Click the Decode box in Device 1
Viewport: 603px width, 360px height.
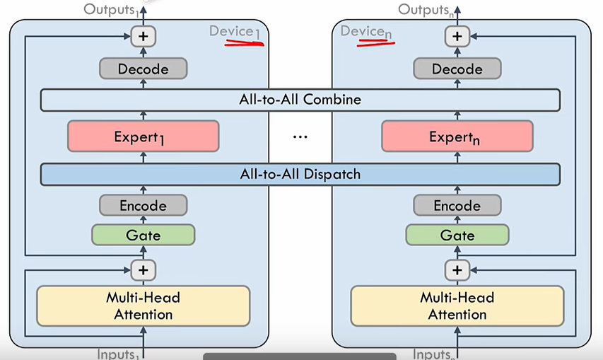[144, 69]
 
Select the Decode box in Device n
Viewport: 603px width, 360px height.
[457, 69]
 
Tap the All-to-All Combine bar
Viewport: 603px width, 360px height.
[300, 100]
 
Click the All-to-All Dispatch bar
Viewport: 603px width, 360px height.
[300, 174]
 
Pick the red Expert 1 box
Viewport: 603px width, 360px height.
[144, 137]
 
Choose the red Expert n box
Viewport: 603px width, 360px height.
[457, 137]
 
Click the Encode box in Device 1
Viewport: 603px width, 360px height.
[144, 206]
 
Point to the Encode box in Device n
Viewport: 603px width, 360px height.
[457, 206]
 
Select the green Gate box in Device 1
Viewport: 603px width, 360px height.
[144, 234]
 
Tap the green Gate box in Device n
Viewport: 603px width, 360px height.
[457, 234]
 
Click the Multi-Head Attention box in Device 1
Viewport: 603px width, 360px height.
[144, 306]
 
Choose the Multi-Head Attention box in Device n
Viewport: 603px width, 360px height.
[457, 306]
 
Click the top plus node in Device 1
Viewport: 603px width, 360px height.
[144, 35]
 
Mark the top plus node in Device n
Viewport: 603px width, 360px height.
[457, 35]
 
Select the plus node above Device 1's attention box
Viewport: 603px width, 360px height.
[144, 269]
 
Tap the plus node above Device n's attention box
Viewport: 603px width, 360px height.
[457, 269]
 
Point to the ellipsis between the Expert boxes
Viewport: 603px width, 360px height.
[300, 137]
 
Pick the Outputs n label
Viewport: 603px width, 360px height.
[426, 9]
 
